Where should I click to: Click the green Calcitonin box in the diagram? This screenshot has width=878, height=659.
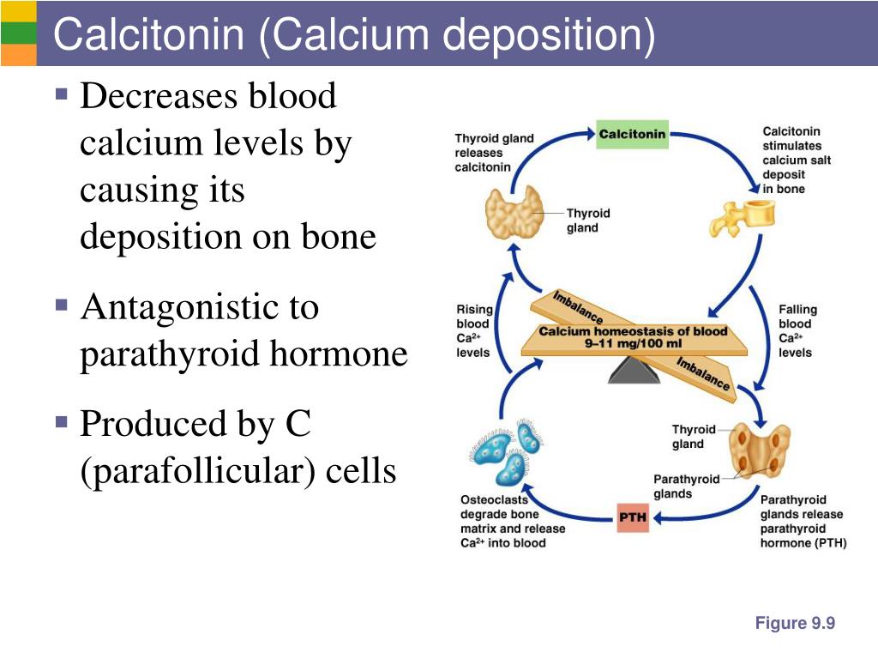[x=632, y=135]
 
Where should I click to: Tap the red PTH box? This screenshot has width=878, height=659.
[x=633, y=517]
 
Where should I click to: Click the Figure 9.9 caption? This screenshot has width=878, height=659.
[x=795, y=624]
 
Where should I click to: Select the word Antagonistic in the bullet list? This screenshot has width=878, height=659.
[x=199, y=307]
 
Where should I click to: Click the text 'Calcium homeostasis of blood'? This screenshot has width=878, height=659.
[x=633, y=331]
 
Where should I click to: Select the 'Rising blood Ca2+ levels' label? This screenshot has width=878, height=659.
[x=473, y=330]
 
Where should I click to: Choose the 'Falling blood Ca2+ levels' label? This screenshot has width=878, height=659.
[x=797, y=330]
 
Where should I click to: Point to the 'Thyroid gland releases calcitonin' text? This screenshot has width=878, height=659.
[x=494, y=152]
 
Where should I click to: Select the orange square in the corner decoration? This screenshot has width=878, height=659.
[x=18, y=54]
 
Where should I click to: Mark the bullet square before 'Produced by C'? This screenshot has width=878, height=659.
[x=61, y=421]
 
